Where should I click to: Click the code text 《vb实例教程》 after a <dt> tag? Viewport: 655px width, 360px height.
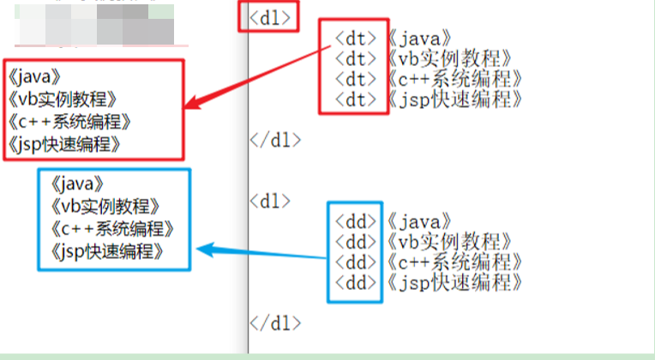click(x=449, y=58)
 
